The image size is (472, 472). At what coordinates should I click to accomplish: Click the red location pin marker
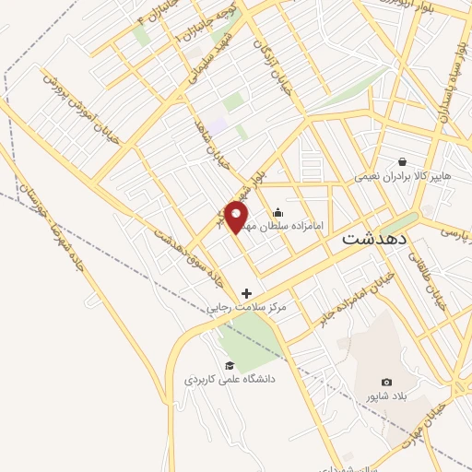point(237,218)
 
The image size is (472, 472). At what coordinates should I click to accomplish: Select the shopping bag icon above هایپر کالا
point(402,161)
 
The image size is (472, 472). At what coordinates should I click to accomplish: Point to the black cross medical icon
point(246,293)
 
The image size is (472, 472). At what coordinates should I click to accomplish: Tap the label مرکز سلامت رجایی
point(246,306)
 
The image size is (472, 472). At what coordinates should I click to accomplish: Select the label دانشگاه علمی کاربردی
point(230,378)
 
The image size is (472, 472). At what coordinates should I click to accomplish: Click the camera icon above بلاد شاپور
point(386,382)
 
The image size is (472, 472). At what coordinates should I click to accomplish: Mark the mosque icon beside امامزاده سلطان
point(278,213)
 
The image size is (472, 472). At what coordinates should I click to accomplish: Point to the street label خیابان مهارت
point(424,425)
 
